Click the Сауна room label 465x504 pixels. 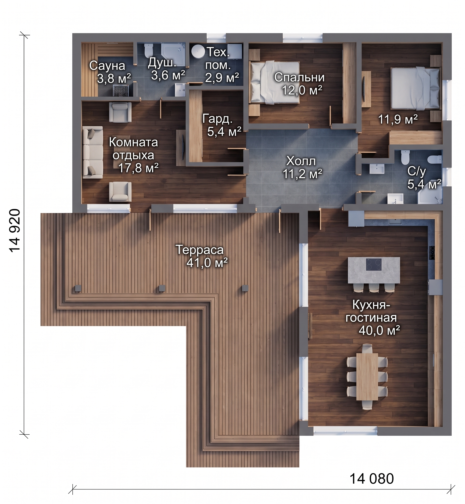pos(107,66)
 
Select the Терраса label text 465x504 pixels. pos(199,250)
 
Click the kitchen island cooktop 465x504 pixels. pos(374,264)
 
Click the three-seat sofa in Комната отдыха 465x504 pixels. pos(93,152)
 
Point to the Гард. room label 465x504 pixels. pos(218,119)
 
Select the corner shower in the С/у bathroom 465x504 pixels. pos(430,196)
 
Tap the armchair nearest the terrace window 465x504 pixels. pos(120,192)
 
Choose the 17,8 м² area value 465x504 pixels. pos(138,168)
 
